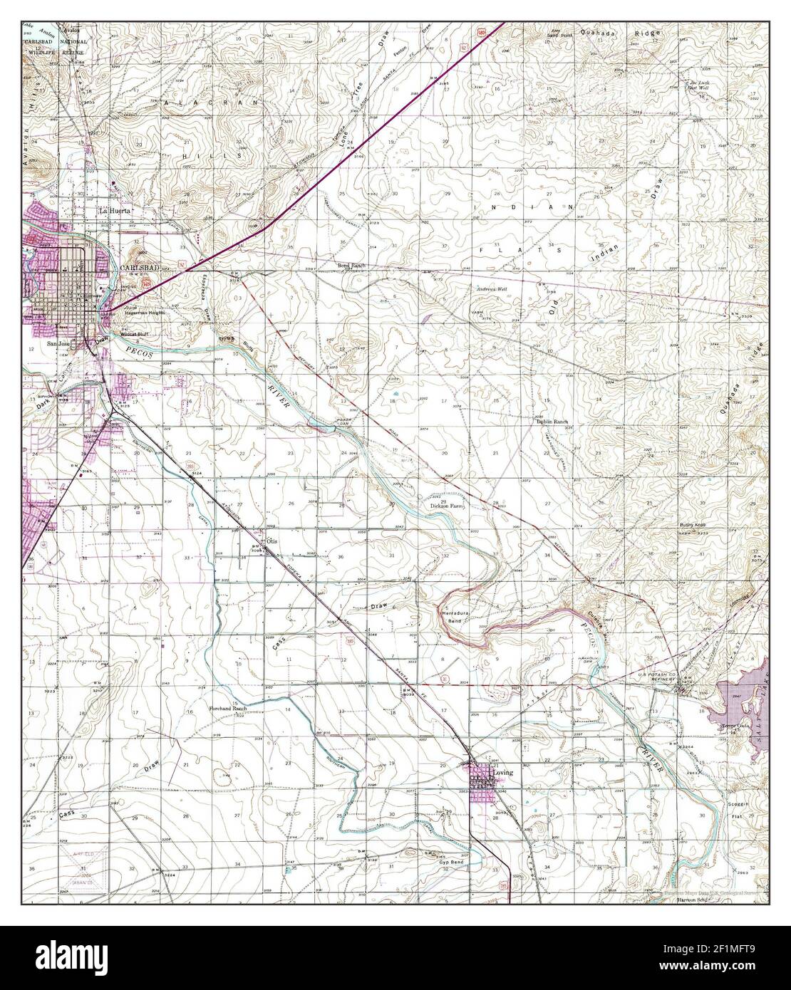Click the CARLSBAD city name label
[136, 268]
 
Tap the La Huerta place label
[114, 212]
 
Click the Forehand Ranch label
[227, 709]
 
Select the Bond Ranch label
[351, 266]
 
